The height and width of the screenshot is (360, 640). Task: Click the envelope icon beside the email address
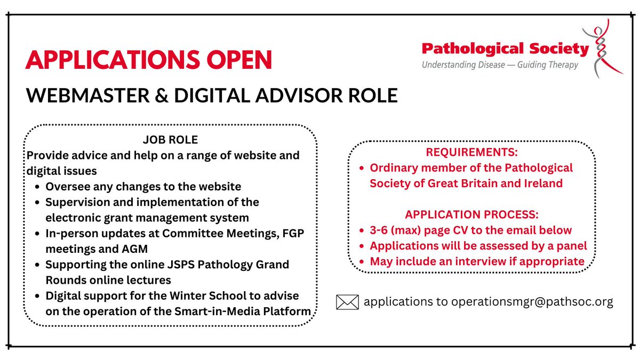click(x=347, y=302)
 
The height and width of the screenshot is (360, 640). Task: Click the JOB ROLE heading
click(x=170, y=140)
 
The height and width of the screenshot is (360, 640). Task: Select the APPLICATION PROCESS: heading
click(x=471, y=215)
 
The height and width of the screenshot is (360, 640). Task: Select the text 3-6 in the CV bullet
click(x=380, y=230)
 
